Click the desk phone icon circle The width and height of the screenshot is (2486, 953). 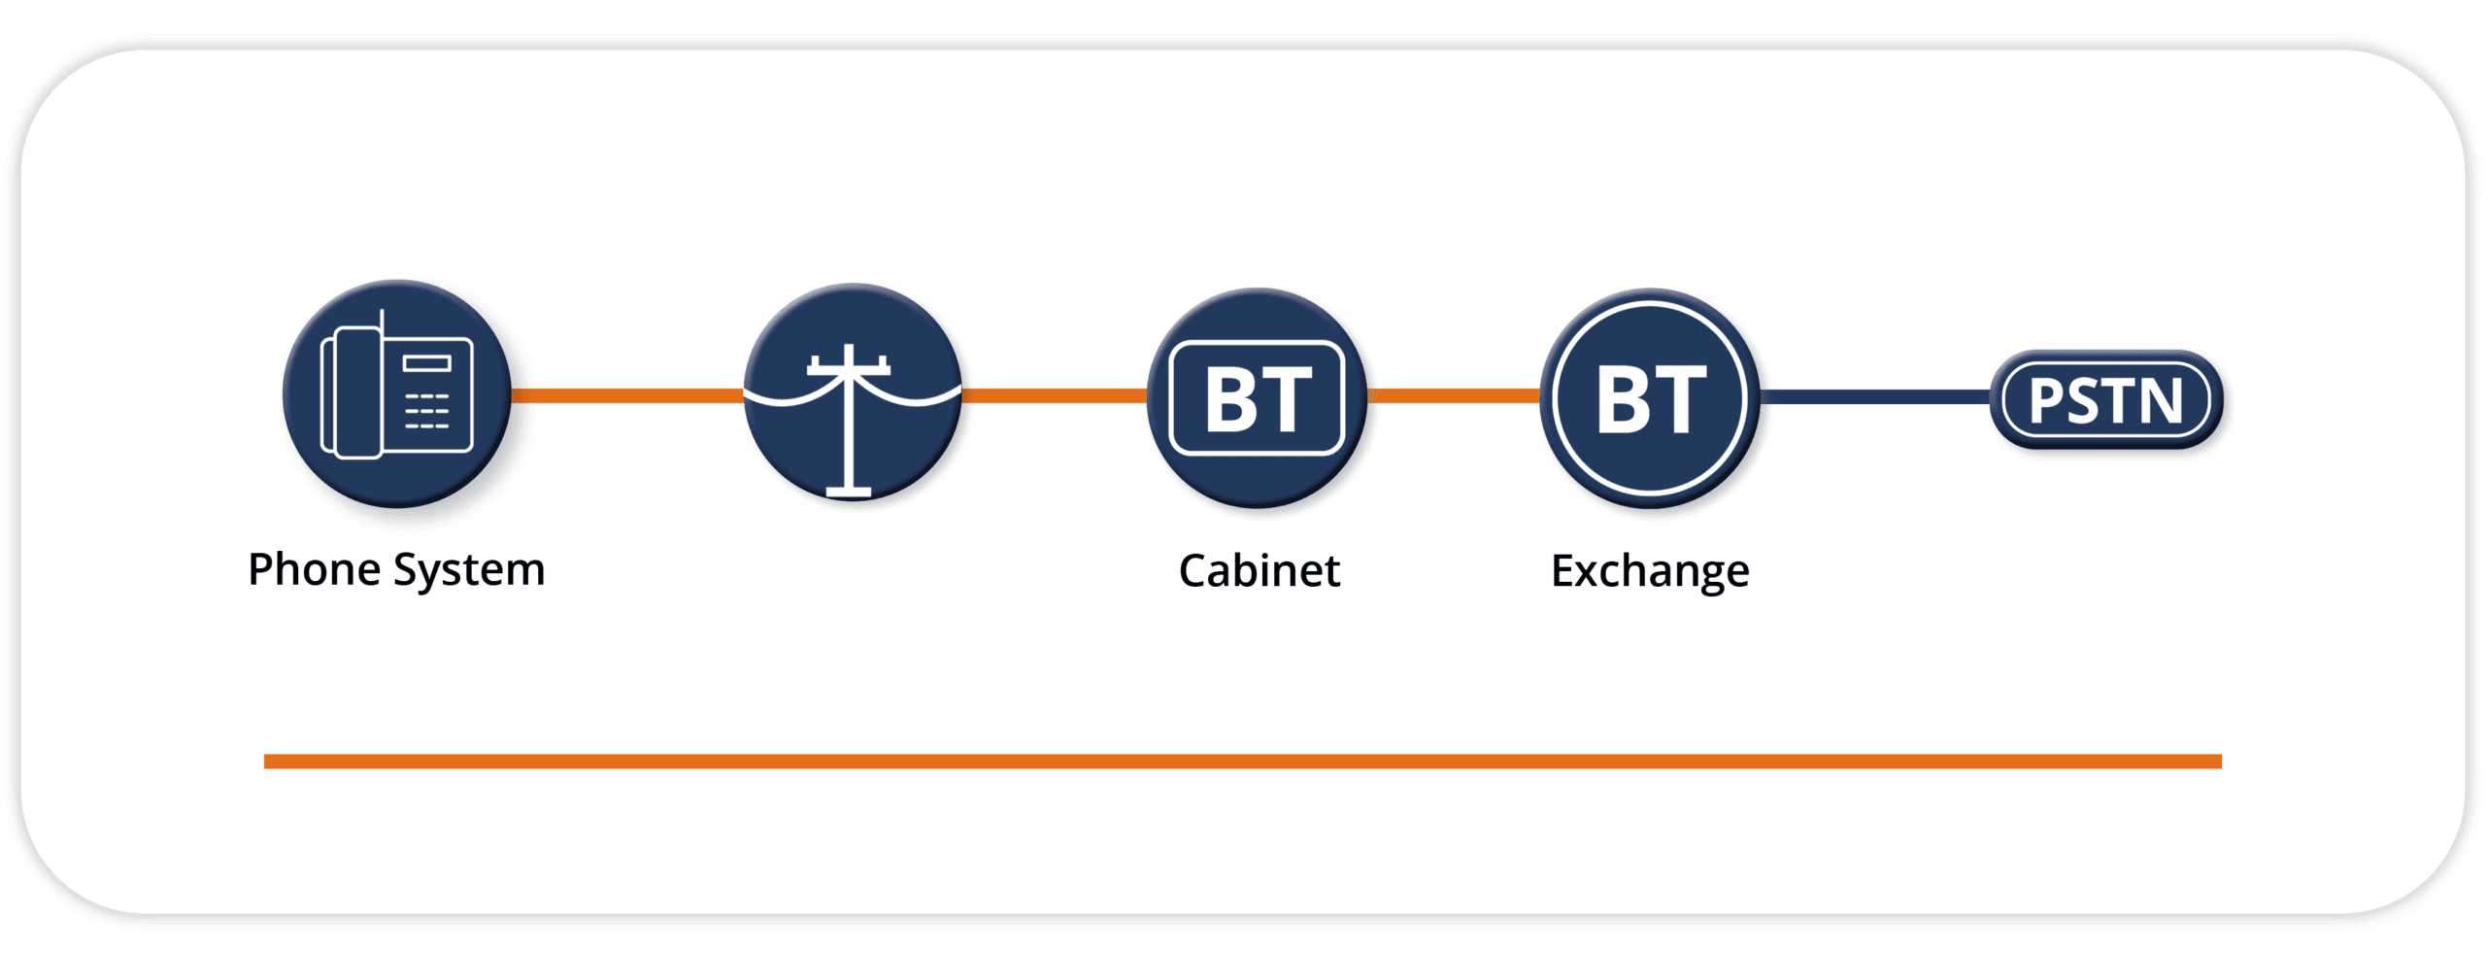tap(396, 393)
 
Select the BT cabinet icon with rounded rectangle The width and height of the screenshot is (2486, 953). tap(1258, 398)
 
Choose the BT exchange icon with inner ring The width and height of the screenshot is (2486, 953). tap(1650, 398)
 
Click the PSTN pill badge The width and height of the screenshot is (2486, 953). tap(2105, 399)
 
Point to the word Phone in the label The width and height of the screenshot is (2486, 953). tap(314, 569)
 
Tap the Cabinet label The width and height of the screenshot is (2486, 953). tap(1259, 571)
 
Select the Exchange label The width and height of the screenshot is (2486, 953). tap(1650, 571)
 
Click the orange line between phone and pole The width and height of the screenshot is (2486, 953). tap(626, 395)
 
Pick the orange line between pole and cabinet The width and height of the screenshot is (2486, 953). tap(1054, 395)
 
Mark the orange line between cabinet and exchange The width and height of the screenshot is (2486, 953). tap(1453, 395)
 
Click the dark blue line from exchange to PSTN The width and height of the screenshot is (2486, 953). tap(1874, 396)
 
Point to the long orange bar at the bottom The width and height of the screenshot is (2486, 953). tap(1243, 762)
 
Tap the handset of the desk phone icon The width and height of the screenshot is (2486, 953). tap(355, 392)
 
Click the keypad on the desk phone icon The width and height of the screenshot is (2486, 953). tap(426, 411)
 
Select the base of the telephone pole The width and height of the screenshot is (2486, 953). tap(849, 493)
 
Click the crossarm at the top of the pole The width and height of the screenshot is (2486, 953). tap(849, 368)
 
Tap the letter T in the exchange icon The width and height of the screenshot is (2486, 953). tap(1680, 399)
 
